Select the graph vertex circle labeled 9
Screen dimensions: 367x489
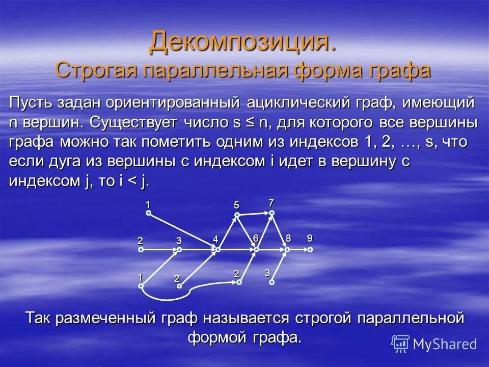pos(310,250)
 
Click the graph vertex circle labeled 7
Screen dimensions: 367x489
pos(272,213)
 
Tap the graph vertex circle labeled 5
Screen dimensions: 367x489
pos(237,215)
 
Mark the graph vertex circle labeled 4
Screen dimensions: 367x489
pos(218,250)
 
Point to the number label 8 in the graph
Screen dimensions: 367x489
pos(288,238)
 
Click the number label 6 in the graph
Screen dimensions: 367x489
pos(256,239)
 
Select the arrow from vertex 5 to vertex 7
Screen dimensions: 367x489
pos(254,214)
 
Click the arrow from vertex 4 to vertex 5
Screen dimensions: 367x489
pos(228,232)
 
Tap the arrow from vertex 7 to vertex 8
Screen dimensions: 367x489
pos(280,231)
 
